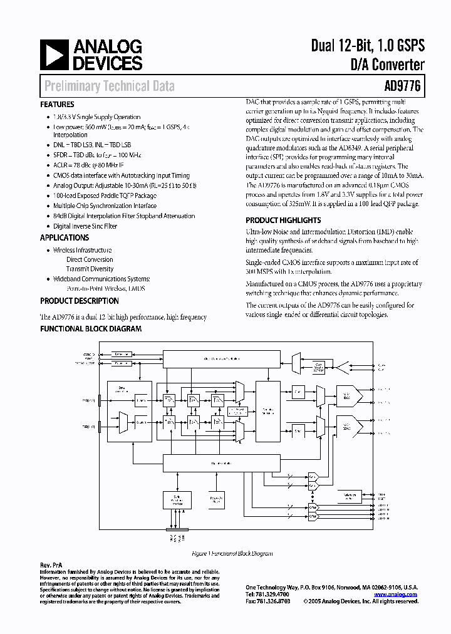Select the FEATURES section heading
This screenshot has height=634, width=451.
click(57, 105)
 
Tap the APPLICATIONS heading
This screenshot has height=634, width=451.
click(65, 237)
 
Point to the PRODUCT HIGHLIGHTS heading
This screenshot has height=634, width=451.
click(283, 220)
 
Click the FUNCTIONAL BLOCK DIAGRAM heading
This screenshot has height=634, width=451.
click(91, 328)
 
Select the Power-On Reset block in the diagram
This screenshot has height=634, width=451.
click(216, 500)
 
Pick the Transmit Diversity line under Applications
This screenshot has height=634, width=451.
click(90, 269)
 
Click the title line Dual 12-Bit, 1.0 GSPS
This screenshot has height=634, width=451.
click(368, 46)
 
